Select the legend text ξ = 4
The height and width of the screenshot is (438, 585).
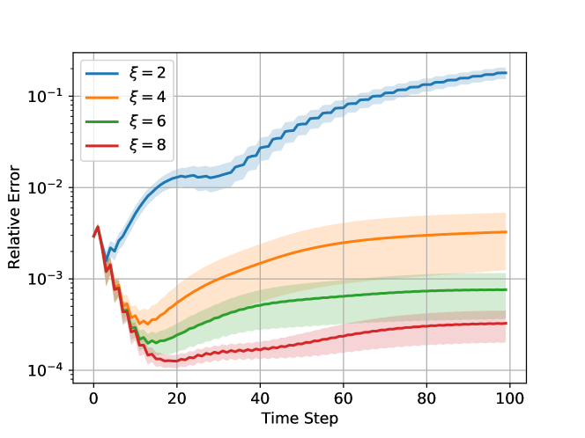147,98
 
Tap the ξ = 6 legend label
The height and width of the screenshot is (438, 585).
147,121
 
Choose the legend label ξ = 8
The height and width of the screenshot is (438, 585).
147,145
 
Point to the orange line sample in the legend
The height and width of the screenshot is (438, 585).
103,98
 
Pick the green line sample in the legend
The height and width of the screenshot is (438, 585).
103,121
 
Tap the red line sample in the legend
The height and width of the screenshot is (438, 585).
103,145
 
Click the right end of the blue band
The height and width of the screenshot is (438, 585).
507,73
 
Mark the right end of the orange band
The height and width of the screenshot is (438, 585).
507,242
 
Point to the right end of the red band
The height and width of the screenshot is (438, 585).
507,331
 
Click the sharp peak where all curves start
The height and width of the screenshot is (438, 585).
98,227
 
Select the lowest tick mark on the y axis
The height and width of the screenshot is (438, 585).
74,370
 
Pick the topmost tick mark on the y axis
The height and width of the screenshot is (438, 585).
74,95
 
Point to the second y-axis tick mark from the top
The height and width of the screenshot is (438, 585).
74,187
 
